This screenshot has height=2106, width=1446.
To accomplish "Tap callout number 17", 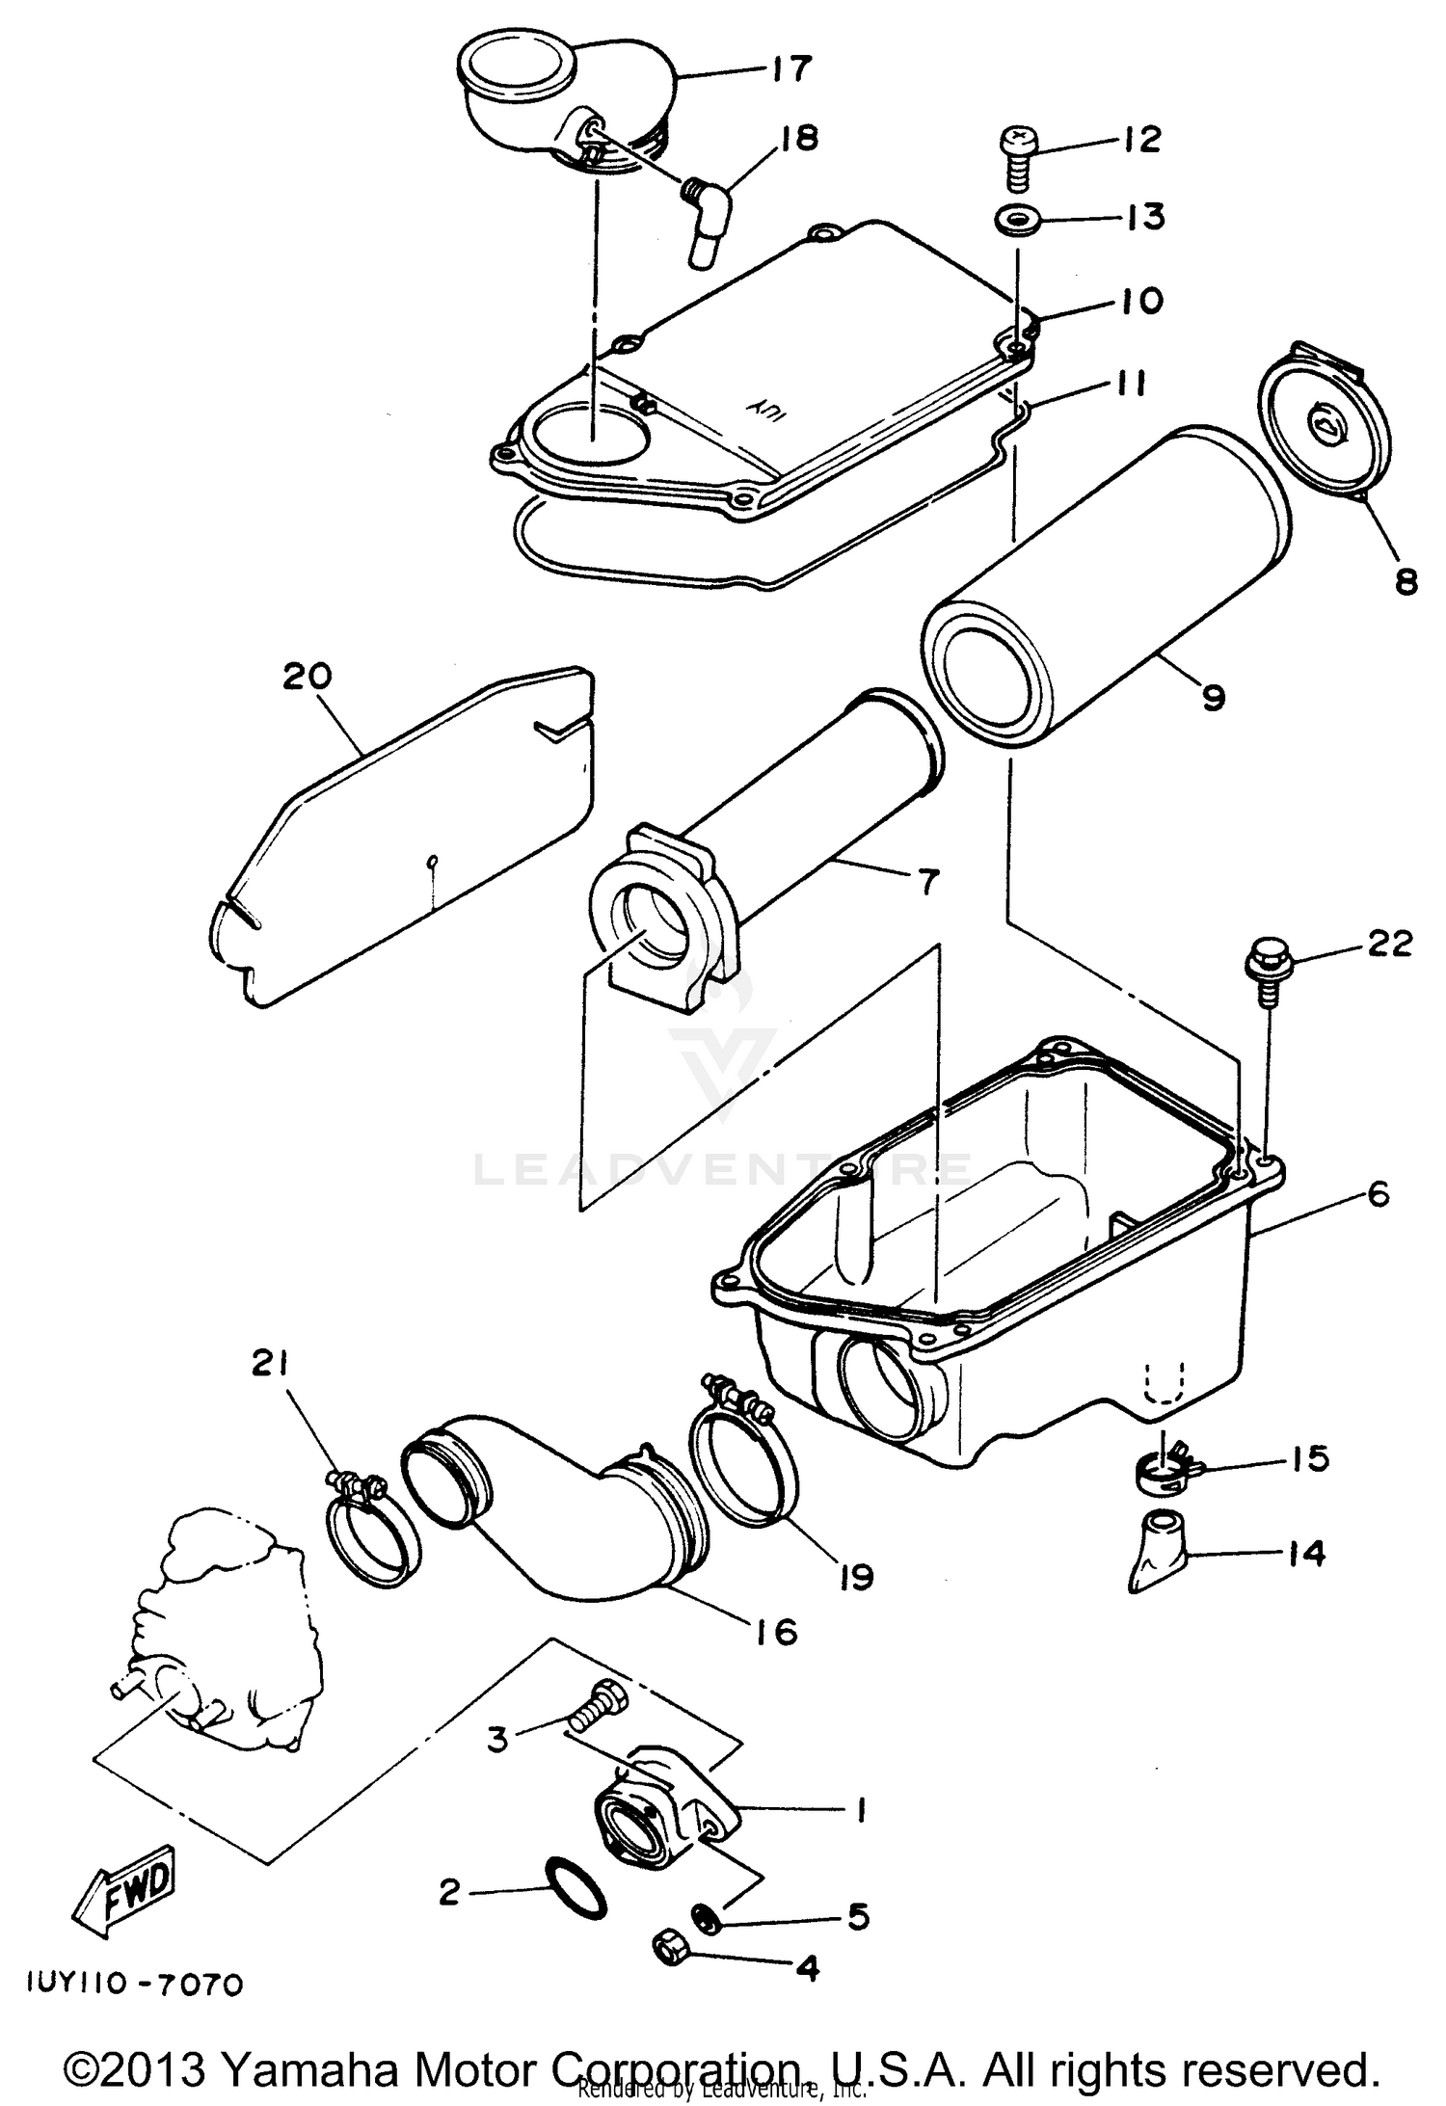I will click(791, 69).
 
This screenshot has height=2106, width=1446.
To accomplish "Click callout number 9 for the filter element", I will click(1213, 695).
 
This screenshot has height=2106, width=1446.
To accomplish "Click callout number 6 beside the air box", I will click(1378, 1195).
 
